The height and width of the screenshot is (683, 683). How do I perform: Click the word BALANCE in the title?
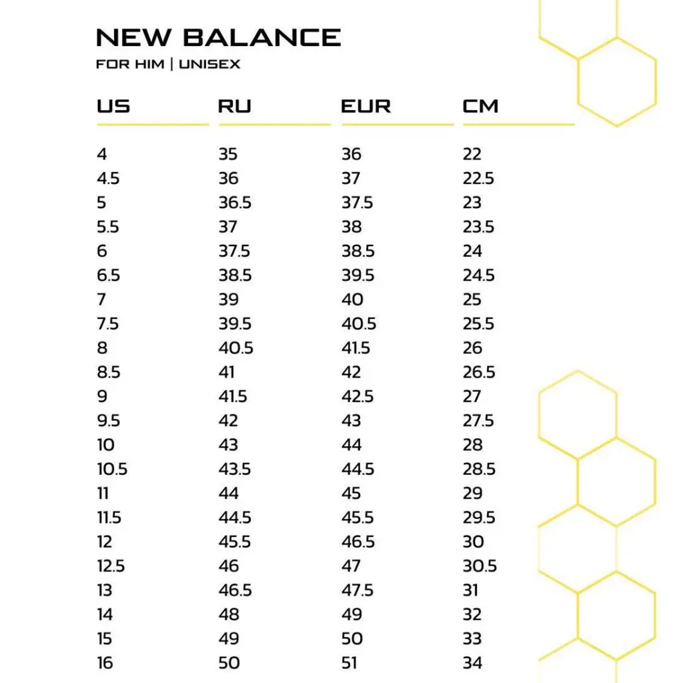point(262,37)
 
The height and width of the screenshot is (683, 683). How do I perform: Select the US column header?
point(113,106)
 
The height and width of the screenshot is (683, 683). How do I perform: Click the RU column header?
point(235,106)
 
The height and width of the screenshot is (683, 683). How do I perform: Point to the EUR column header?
point(366,106)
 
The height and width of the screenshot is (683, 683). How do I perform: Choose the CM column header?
point(480,106)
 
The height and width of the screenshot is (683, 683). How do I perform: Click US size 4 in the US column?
point(101,154)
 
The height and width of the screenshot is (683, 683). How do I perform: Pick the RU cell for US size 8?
point(235,348)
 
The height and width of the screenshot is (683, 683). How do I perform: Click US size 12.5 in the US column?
point(111,566)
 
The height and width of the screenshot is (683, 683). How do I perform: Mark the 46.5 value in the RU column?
point(235,590)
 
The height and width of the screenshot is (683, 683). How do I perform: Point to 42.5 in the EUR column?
point(358,396)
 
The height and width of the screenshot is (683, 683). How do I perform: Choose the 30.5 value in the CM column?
point(480,566)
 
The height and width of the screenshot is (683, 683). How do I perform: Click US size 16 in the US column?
point(105,663)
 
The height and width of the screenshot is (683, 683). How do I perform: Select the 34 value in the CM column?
point(472,663)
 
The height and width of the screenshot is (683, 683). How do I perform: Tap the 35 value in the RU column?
point(228,154)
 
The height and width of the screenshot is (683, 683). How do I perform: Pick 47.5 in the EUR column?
point(358,590)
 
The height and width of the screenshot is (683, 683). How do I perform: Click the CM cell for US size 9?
point(472,396)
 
